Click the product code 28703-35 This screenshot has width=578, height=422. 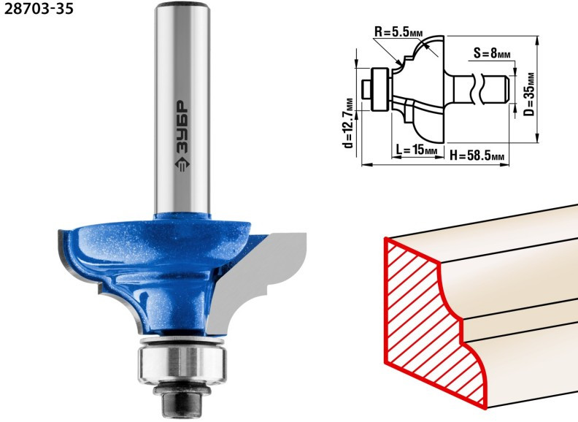pos(39,9)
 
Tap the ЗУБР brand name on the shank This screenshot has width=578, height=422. pos(182,126)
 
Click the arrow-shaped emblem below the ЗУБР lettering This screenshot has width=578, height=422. pos(182,164)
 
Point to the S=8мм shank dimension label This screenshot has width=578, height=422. pos(492,54)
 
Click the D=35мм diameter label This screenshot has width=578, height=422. pos(530,94)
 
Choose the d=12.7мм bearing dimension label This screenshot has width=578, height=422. pos(348,123)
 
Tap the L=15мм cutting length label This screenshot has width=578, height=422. pos(417,150)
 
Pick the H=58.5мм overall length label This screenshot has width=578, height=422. pos(477,156)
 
